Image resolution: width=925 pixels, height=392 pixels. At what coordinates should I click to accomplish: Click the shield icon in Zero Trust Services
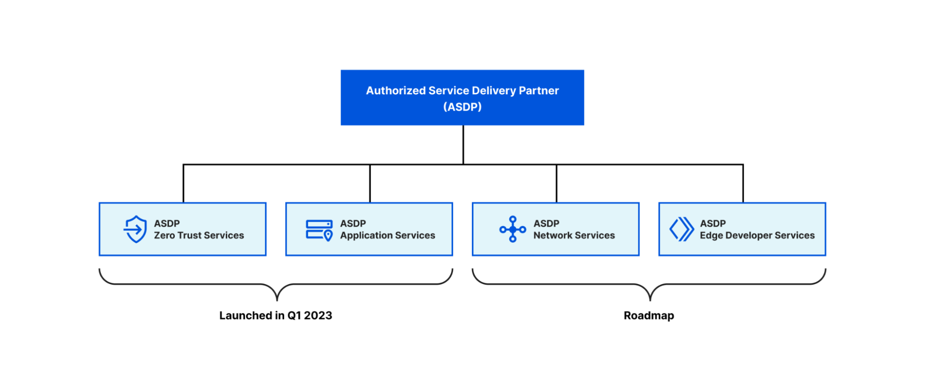(135, 229)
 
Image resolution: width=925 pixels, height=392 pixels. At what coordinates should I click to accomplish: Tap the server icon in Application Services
(319, 230)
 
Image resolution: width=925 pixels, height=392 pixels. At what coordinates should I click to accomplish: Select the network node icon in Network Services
(513, 229)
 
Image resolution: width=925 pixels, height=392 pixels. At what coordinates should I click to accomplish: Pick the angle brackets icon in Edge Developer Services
(682, 229)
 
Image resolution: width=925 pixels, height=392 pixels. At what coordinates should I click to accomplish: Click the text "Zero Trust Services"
(199, 235)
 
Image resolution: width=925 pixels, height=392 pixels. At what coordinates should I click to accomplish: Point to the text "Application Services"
(388, 236)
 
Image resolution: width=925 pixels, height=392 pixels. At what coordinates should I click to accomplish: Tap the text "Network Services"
(574, 235)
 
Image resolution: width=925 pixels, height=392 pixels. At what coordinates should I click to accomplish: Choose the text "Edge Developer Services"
(757, 236)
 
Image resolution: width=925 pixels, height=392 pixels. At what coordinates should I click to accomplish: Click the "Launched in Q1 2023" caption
(276, 315)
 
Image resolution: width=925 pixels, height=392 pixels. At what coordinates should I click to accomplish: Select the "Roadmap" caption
(649, 316)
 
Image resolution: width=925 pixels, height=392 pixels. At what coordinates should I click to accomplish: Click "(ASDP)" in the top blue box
(462, 107)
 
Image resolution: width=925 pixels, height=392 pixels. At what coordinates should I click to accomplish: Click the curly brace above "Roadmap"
(649, 284)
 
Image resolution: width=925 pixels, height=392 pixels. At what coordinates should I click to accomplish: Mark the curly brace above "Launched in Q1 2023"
(276, 284)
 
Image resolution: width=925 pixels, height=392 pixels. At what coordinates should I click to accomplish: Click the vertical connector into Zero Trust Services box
(183, 184)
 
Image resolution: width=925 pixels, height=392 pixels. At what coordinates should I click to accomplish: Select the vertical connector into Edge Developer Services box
(743, 184)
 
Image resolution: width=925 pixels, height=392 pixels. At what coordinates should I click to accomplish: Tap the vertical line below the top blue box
(463, 145)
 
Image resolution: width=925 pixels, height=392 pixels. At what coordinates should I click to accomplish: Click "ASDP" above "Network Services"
(546, 223)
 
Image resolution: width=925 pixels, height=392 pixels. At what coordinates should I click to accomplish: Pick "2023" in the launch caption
(318, 315)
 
